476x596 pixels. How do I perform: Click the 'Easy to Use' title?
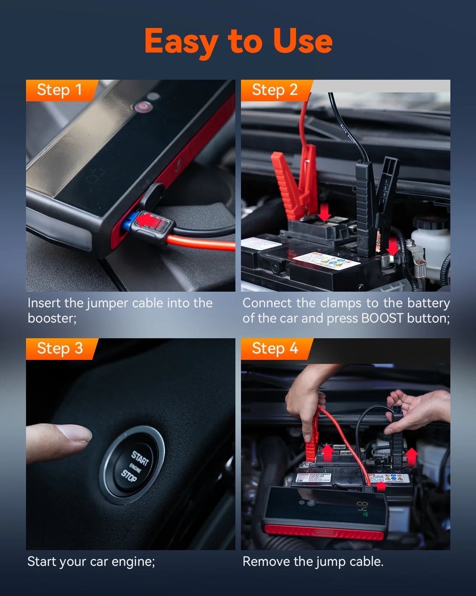tap(238, 41)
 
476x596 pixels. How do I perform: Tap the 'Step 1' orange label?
tap(59, 90)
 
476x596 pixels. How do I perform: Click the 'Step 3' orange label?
tap(59, 349)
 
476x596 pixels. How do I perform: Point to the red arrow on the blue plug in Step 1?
tap(147, 220)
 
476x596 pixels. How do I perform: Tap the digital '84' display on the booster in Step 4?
tap(363, 508)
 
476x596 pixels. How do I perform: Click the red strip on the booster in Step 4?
tap(324, 533)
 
